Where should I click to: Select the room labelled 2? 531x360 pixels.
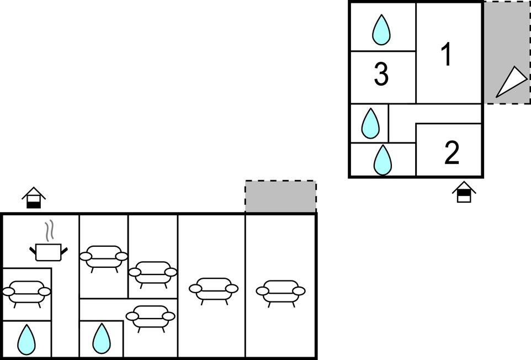[x=452, y=153]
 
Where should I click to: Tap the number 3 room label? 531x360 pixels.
[x=381, y=75]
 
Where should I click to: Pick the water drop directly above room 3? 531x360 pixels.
[x=381, y=30]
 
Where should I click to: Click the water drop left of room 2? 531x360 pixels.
[x=382, y=160]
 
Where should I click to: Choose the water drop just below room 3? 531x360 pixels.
[x=370, y=123]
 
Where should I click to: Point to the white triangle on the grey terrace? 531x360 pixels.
[x=511, y=82]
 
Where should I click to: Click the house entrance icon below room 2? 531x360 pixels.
[x=464, y=192]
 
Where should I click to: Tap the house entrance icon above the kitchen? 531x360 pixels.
[x=34, y=198]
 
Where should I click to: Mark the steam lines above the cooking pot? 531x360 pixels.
[x=49, y=230]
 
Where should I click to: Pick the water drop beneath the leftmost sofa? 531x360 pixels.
[x=26, y=340]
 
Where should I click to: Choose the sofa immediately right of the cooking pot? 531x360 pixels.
[x=104, y=257]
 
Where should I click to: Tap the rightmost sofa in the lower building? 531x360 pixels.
[x=281, y=292]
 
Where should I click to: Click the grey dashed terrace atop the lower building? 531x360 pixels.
[x=280, y=197]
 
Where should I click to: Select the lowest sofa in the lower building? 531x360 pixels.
[x=150, y=317]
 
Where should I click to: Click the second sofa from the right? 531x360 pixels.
[x=214, y=289]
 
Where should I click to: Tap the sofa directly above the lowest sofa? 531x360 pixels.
[x=153, y=273]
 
